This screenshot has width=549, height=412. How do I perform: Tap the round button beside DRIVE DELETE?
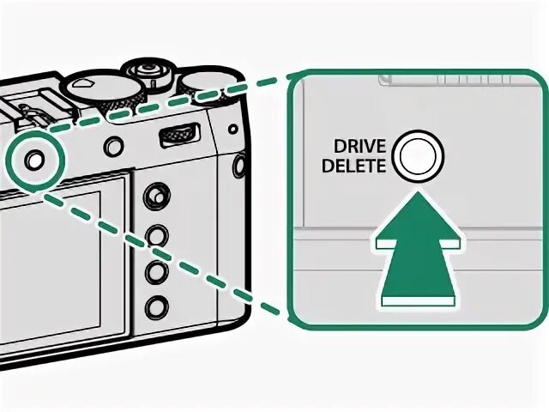pos(415,156)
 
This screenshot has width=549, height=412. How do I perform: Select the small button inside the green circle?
pos(33,159)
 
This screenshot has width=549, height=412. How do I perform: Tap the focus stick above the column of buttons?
pos(154,196)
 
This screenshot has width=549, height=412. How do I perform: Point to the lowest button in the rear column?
pos(154,305)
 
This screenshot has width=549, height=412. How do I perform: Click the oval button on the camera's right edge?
pos(241,163)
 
